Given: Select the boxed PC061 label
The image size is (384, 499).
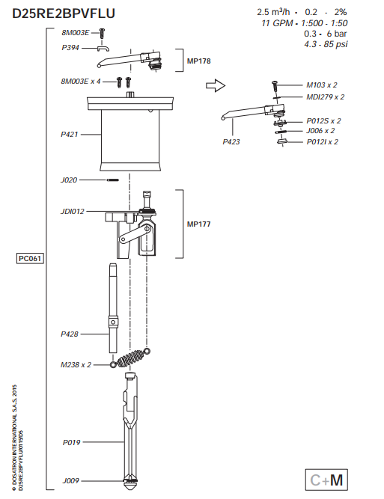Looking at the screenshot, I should tap(31, 259).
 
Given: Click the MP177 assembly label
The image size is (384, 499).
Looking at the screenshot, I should tap(198, 224).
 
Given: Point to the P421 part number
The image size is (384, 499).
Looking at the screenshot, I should tap(71, 135).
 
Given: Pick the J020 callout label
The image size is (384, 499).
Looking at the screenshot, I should tap(70, 180).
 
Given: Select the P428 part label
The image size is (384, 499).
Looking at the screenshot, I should tap(71, 333).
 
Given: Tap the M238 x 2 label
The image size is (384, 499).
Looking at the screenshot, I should tap(76, 364).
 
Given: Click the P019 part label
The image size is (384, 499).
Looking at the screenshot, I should tap(71, 442).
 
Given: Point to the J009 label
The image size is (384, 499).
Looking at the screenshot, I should tap(71, 480).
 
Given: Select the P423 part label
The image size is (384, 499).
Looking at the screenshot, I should tap(233, 139).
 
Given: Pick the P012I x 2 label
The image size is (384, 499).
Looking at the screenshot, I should tap(323, 141).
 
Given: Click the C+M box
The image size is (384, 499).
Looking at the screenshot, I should tap(327, 480).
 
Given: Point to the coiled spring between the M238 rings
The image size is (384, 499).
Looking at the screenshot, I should tap(131, 358).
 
